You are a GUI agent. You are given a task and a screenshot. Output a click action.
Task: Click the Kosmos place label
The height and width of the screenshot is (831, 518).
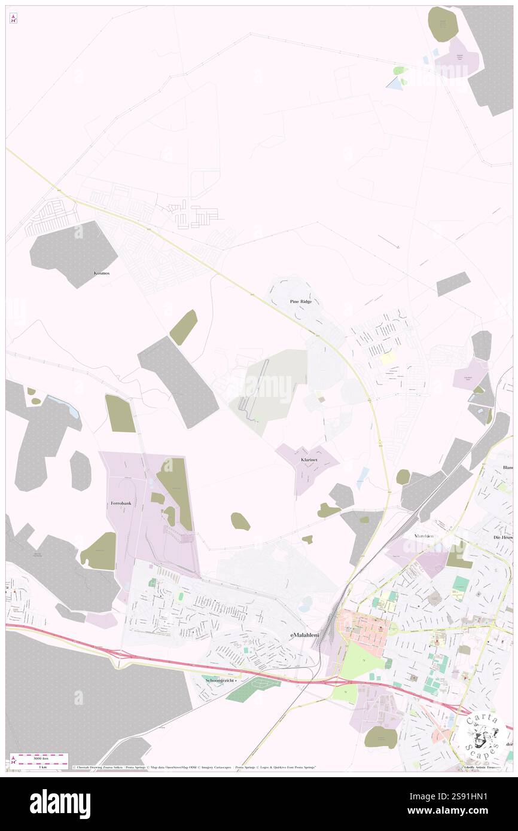click(102, 273)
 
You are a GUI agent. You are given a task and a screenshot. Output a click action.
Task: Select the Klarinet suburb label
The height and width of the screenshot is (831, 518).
click(309, 460)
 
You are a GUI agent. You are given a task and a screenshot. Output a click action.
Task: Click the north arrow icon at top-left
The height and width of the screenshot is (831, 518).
click(13, 19)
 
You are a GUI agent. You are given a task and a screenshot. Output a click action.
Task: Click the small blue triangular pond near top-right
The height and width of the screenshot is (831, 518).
click(395, 84)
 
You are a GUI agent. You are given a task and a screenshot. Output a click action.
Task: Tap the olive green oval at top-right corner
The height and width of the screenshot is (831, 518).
click(443, 24)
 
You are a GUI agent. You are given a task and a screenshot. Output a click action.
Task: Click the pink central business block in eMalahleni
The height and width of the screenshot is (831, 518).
click(365, 628)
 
